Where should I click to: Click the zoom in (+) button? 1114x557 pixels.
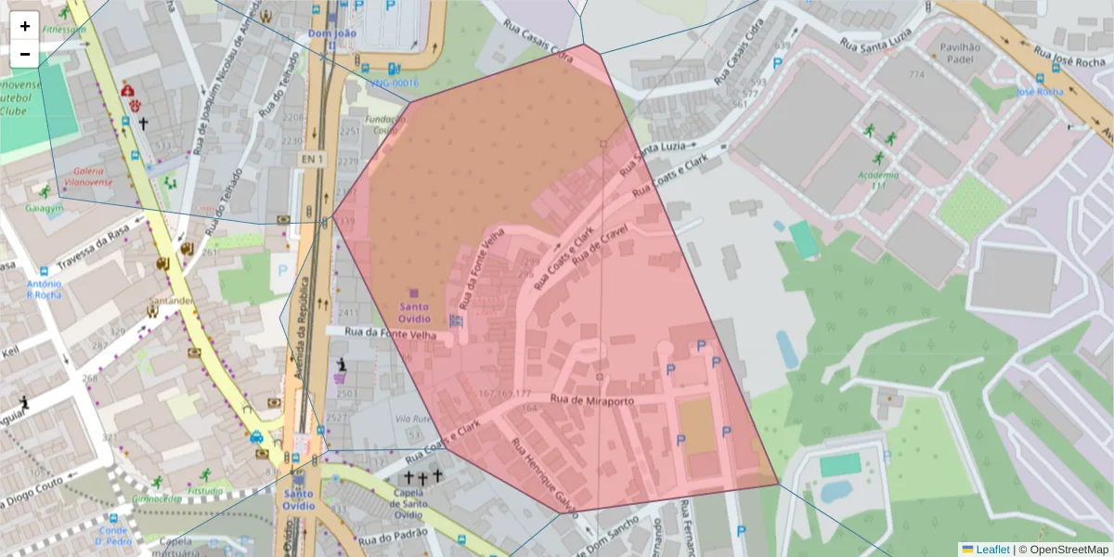tap(25, 26)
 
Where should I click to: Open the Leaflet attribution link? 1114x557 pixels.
tap(991, 550)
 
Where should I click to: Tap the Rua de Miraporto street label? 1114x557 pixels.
tap(592, 401)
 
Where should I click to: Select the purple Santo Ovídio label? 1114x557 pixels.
tap(414, 313)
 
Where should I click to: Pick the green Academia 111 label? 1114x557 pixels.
tap(878, 180)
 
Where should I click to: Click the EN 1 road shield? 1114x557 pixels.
tap(313, 160)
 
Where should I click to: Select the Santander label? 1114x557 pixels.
tap(174, 301)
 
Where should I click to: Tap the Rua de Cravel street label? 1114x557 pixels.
tap(602, 241)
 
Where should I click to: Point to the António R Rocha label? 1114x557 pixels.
tap(44, 289)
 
